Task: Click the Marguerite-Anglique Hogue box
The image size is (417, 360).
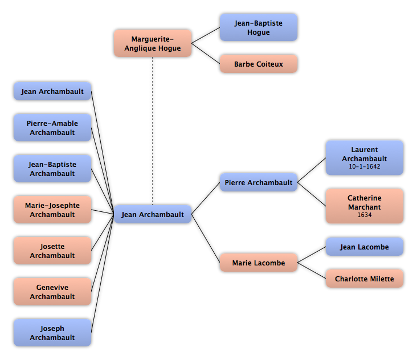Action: tap(153, 43)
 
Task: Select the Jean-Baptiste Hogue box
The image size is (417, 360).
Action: tap(259, 27)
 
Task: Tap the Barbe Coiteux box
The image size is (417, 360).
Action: tap(259, 64)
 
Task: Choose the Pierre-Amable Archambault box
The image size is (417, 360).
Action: tap(52, 128)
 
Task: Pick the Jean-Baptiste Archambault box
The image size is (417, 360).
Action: tap(52, 169)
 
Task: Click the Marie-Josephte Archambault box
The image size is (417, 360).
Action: tap(52, 210)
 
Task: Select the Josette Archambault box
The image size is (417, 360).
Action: tap(52, 251)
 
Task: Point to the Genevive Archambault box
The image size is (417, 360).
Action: tap(52, 292)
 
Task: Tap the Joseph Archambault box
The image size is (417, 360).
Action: tap(52, 333)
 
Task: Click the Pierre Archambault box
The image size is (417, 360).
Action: tap(259, 182)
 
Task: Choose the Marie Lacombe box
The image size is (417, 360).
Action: tap(259, 263)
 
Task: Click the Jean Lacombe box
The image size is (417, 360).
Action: tap(365, 247)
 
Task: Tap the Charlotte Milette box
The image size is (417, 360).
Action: tap(365, 279)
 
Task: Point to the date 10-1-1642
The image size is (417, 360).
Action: tap(365, 167)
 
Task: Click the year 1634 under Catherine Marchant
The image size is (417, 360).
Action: tap(365, 215)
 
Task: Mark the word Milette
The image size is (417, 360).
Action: tap(381, 279)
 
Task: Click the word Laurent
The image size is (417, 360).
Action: tap(365, 150)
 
